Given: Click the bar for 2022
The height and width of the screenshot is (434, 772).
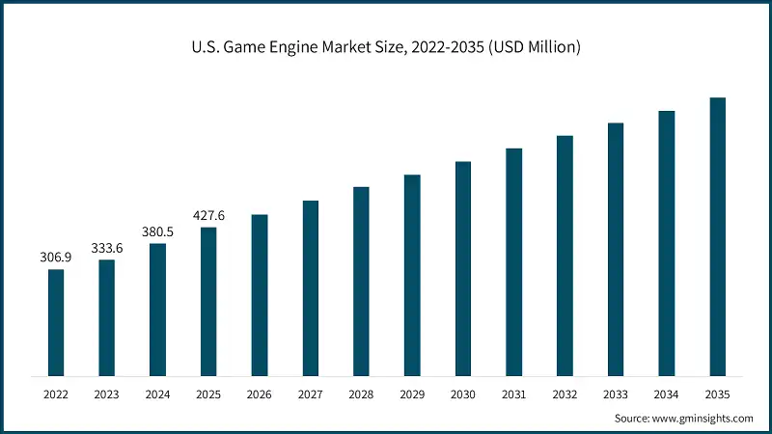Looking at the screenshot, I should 56,322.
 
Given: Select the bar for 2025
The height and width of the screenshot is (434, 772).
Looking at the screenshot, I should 208,301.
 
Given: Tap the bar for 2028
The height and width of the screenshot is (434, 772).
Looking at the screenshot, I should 361,281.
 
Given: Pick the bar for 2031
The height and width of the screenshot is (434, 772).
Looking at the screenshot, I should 513,261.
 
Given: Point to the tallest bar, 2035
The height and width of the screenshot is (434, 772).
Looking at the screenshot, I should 717,236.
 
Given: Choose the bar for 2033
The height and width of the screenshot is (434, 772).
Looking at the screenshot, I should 616,249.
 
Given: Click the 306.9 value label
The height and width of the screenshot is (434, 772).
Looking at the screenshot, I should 56,258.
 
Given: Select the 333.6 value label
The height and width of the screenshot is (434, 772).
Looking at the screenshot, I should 107,248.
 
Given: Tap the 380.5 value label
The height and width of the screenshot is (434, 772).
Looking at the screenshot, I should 157,231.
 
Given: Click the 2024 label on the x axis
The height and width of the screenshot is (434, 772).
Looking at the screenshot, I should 157,393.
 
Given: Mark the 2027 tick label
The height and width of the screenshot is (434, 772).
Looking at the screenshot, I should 310,393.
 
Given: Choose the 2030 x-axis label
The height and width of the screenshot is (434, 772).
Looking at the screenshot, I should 463,393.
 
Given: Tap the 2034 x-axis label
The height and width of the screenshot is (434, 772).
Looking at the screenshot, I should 666,393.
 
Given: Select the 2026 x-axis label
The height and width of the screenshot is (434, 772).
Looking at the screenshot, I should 260,393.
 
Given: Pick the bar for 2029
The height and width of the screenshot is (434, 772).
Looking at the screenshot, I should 412,275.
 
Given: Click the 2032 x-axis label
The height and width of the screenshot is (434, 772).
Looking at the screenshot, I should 565,393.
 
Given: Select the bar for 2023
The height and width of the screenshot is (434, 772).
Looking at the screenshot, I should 107,317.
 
